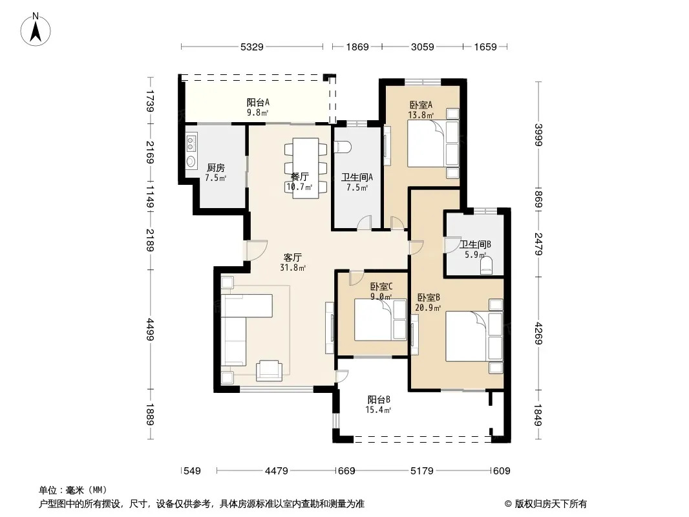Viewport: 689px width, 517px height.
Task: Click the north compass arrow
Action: coord(36,31)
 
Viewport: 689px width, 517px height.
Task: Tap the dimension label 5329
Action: coord(252,47)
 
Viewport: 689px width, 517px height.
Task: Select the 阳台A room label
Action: coord(258,102)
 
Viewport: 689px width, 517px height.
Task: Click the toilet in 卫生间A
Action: coord(343,147)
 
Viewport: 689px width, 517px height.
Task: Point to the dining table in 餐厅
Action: coord(306,168)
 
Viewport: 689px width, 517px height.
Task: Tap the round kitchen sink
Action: coord(191,161)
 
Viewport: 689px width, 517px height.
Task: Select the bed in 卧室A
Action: coord(433,143)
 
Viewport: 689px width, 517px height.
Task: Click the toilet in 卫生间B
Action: coord(485,266)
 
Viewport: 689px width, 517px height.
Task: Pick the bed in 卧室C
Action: coord(381,319)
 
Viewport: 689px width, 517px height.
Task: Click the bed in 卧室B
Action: coord(474,337)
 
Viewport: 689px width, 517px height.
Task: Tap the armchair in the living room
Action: coord(268,370)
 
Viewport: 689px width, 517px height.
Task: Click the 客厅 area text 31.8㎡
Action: coord(293,268)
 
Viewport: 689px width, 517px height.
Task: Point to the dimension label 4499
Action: coord(151,330)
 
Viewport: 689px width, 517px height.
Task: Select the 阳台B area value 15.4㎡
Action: coord(378,410)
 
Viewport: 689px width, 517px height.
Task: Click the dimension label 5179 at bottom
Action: coord(422,471)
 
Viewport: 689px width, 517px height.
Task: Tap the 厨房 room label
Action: coord(216,167)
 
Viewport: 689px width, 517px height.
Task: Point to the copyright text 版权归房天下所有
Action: coord(551,504)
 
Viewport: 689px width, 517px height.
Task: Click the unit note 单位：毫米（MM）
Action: coord(73,491)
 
